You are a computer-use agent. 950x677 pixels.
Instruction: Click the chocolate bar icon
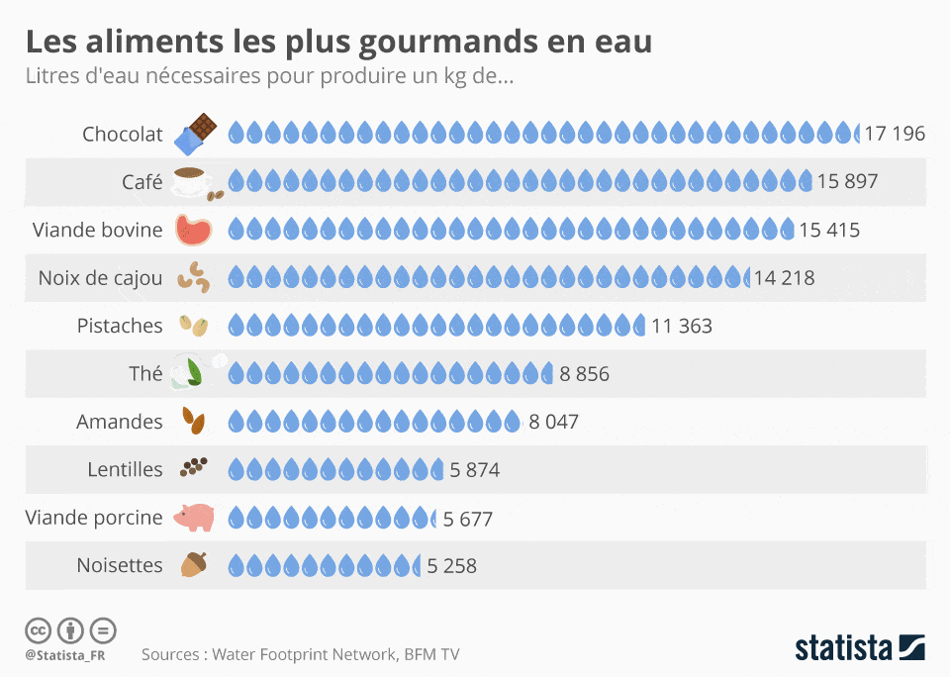tap(195, 134)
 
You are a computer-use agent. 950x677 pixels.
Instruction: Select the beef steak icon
tap(194, 230)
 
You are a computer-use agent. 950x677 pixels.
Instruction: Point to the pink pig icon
tap(194, 518)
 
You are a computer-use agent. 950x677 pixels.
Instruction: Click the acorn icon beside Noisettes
tap(194, 565)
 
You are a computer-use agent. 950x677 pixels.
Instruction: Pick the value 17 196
tap(895, 134)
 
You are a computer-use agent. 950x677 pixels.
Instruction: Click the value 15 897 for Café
tap(847, 181)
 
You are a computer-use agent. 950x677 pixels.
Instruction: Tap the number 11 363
tap(682, 326)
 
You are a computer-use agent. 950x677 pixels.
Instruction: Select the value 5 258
tap(452, 566)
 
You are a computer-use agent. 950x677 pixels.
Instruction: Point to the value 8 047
tap(554, 422)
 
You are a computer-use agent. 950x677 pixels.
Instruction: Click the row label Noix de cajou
tap(101, 277)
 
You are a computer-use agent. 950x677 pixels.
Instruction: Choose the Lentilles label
tap(125, 469)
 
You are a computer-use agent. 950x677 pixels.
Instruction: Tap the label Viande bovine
tap(98, 230)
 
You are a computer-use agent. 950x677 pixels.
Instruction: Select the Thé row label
tap(145, 373)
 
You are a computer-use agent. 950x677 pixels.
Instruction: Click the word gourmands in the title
tap(447, 43)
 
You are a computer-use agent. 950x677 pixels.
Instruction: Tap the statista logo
tap(860, 647)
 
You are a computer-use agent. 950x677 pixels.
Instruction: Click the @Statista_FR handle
tap(65, 655)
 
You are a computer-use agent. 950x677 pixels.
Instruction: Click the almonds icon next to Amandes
tap(194, 421)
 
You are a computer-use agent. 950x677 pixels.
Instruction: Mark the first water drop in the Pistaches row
tap(237, 326)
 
